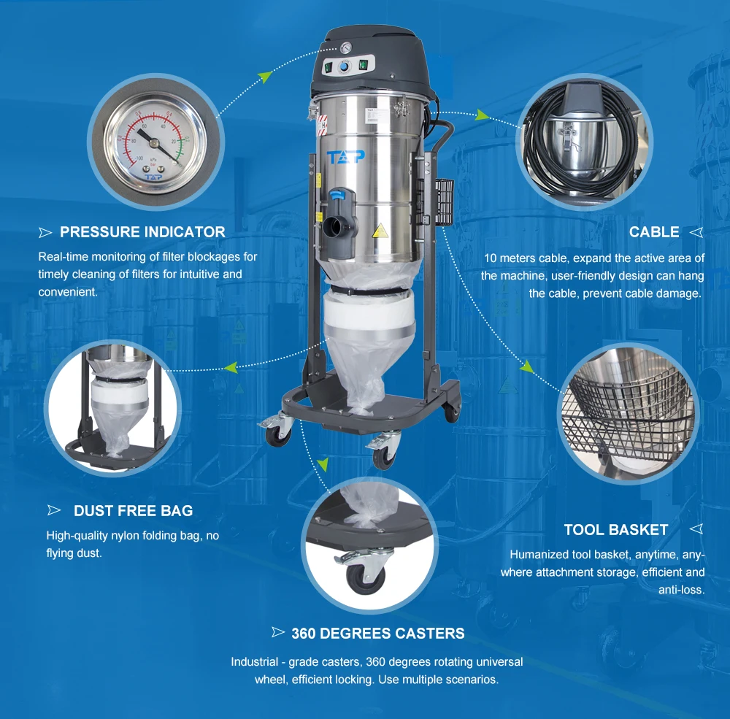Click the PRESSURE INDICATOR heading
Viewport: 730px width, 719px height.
(x=142, y=232)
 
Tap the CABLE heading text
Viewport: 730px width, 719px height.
(x=654, y=232)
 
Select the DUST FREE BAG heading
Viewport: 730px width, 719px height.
(x=133, y=511)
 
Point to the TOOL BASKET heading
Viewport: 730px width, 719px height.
(x=616, y=530)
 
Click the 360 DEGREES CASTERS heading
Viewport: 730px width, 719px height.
(x=378, y=634)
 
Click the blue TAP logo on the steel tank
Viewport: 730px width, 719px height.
(x=345, y=157)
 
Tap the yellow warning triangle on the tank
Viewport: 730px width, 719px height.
(x=380, y=231)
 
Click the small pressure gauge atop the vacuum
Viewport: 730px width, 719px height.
(x=346, y=48)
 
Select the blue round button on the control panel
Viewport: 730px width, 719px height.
(x=344, y=68)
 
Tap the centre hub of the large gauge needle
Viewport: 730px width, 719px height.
(x=155, y=143)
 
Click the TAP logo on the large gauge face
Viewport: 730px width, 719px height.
(x=153, y=177)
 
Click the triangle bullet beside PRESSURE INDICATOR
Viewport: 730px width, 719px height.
(x=45, y=232)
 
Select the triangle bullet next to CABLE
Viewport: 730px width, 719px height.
(x=696, y=232)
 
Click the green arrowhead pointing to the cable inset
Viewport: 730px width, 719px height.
(x=483, y=115)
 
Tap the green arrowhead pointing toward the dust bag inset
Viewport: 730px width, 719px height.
(x=231, y=368)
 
